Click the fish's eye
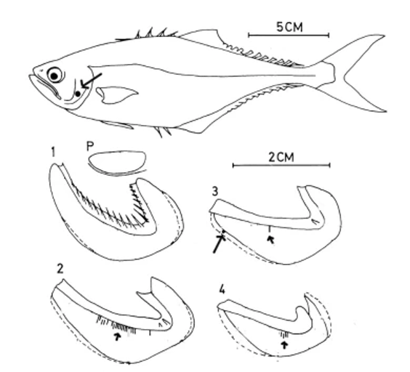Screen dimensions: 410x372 tap(55, 75)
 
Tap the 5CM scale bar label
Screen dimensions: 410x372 tap(289, 27)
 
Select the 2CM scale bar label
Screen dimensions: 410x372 tap(281, 157)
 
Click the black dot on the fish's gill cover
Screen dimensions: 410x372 tap(78, 94)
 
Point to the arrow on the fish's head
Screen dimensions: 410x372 tap(91, 81)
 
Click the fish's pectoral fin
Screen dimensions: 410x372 tap(116, 95)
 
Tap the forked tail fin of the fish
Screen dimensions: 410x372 tap(358, 73)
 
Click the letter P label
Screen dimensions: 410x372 tap(89, 146)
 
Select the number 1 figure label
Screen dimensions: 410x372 tap(53, 152)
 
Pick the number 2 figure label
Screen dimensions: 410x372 tap(60, 269)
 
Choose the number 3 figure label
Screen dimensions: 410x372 tap(214, 191)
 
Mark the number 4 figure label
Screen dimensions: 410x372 tap(222, 289)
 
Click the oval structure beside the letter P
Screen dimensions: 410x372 tap(117, 163)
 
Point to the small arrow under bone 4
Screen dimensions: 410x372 tap(285, 345)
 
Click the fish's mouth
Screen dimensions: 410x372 tap(45, 85)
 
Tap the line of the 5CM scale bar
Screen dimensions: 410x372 tap(289, 35)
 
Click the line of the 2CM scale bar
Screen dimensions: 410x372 tap(281, 165)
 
